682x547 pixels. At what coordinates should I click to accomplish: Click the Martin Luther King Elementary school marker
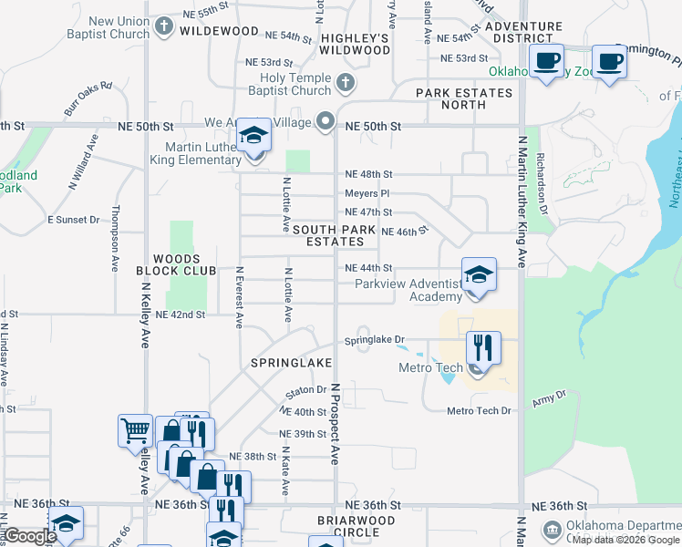click(x=254, y=137)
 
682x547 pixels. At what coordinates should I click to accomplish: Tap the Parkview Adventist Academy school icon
click(x=478, y=274)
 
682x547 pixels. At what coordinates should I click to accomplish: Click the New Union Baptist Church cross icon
click(x=164, y=26)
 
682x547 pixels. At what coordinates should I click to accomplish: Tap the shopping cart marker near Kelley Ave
click(x=135, y=429)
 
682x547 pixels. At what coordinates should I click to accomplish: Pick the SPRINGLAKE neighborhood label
click(x=292, y=363)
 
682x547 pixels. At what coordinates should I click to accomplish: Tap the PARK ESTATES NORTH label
click(x=464, y=98)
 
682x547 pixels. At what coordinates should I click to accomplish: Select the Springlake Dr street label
click(x=374, y=341)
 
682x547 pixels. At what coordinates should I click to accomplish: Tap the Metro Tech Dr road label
click(x=480, y=411)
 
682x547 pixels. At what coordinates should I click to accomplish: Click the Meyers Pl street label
click(x=367, y=193)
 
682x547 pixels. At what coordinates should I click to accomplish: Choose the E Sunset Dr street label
click(x=73, y=220)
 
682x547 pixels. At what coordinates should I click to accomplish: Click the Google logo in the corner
click(x=30, y=536)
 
